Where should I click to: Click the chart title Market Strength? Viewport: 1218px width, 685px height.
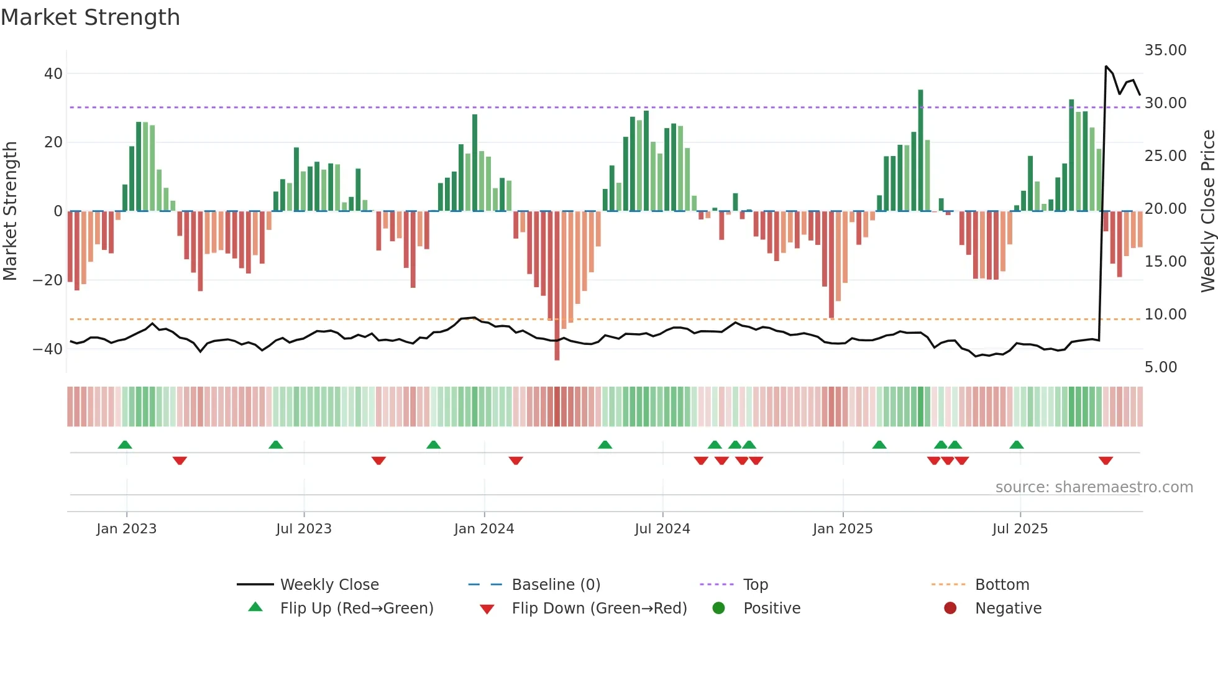tap(90, 17)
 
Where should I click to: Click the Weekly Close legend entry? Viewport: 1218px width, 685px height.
tap(329, 584)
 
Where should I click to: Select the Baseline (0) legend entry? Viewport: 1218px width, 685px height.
tap(556, 584)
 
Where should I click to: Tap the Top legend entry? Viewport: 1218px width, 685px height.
tap(755, 584)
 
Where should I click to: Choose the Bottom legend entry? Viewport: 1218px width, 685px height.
tap(1002, 584)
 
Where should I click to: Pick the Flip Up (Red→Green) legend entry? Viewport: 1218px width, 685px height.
tap(356, 608)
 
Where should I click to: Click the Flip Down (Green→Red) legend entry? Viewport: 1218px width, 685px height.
tap(599, 608)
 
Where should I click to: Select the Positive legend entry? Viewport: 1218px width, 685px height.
tap(771, 608)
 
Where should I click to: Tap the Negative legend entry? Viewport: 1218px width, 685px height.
tap(1007, 608)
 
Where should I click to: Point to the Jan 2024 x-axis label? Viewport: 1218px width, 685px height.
tap(484, 529)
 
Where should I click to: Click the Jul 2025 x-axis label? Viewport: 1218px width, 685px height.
tap(1020, 529)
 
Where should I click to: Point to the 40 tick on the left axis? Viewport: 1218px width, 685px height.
tap(53, 73)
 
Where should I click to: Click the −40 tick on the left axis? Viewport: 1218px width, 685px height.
tap(48, 349)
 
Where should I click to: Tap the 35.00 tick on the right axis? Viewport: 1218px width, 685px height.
tap(1165, 50)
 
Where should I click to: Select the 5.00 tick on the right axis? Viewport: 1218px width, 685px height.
tap(1160, 367)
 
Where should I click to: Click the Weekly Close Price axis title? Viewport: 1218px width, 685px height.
tap(1207, 211)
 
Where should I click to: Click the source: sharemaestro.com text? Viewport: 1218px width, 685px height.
tap(1094, 487)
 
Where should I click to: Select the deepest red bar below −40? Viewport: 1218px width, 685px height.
tap(557, 286)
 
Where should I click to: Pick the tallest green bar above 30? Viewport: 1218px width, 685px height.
tap(920, 150)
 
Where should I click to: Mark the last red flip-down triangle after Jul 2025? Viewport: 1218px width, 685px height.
tap(1105, 461)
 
